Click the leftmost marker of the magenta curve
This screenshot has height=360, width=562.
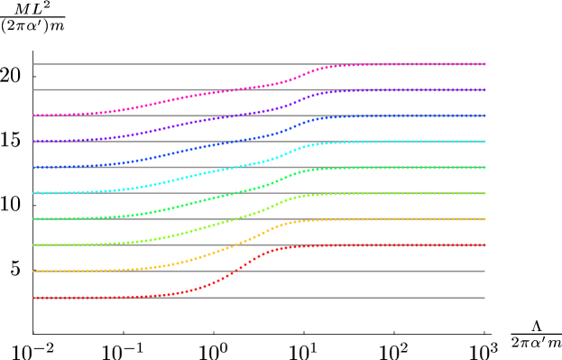click(x=34, y=115)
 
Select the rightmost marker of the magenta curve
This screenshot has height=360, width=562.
click(x=484, y=64)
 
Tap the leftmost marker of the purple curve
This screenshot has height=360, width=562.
click(x=34, y=142)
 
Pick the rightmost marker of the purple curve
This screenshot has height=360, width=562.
click(x=484, y=90)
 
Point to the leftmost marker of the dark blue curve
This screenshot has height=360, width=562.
click(x=34, y=167)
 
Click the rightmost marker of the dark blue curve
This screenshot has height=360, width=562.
click(x=484, y=115)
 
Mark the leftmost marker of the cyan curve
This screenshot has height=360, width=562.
click(x=34, y=193)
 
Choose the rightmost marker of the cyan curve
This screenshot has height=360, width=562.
click(x=484, y=142)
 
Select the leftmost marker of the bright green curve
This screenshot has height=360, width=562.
click(x=34, y=219)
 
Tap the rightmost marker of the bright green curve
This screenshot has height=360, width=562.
click(x=484, y=167)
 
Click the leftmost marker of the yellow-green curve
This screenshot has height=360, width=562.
click(x=34, y=245)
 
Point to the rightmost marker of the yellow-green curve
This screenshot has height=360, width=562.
click(x=484, y=193)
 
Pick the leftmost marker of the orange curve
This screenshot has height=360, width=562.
click(x=34, y=271)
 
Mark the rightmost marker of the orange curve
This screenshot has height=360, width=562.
click(x=484, y=219)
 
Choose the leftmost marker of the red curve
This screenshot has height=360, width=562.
click(x=34, y=297)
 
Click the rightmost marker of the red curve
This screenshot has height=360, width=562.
click(x=484, y=245)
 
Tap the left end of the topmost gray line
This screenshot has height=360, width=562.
click(x=34, y=64)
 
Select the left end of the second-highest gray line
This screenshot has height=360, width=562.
click(x=34, y=90)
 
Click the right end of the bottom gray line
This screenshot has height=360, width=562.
click(x=484, y=297)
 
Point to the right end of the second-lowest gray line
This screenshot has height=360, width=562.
click(x=484, y=271)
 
